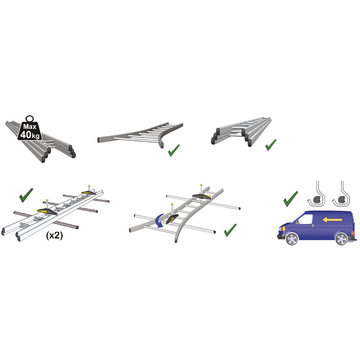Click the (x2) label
54,235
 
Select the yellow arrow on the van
332,220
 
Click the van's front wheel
292,239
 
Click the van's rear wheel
342,239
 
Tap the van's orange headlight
282,229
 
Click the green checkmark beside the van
291,199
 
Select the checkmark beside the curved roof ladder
174,150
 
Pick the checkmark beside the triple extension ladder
271,145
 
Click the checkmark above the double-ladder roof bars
26,195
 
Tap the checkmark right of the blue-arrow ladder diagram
230,230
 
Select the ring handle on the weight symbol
30,119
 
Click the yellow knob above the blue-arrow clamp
171,204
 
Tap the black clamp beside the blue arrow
172,219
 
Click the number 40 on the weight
26,135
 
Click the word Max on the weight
30,126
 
